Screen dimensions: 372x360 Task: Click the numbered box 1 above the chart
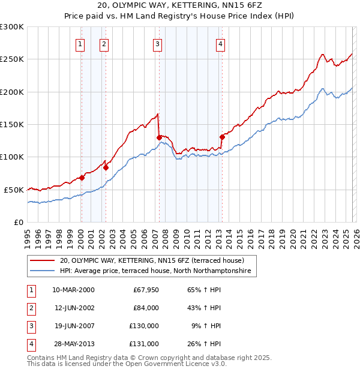pyautogui.click(x=80, y=43)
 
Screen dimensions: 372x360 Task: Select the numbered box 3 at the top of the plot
pyautogui.click(x=157, y=43)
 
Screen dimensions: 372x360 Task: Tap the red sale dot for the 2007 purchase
pyautogui.click(x=159, y=137)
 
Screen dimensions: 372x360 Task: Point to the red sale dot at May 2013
pyautogui.click(x=222, y=137)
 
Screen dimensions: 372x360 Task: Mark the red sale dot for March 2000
pyautogui.click(x=82, y=178)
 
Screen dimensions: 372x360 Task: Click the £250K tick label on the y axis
pyautogui.click(x=12, y=59)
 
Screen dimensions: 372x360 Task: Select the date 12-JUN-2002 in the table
pyautogui.click(x=73, y=308)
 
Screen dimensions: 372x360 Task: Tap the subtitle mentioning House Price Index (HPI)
pyautogui.click(x=179, y=16)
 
